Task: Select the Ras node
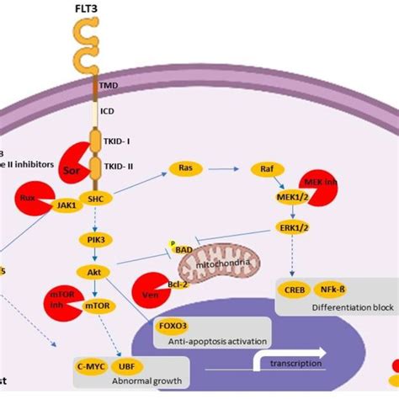(x=186, y=169)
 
